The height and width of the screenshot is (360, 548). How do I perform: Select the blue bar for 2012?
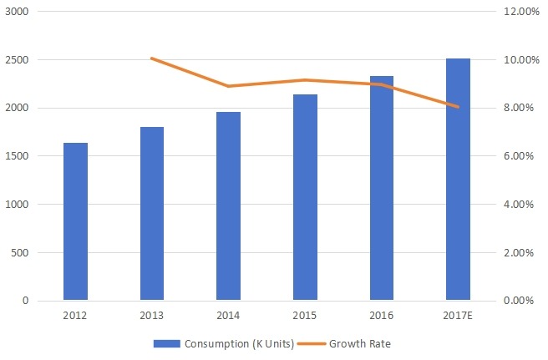pos(75,221)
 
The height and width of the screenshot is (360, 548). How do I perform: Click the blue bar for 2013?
pos(151,214)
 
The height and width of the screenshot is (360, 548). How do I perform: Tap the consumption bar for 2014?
pos(228,206)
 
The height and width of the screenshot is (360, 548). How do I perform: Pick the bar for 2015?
pos(305,198)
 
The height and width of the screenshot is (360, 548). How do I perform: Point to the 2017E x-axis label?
pos(458,317)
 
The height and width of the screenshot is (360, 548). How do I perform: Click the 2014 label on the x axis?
pos(228,317)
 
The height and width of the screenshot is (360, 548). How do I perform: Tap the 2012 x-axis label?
pos(75,317)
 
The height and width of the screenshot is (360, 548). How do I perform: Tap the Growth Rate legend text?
pos(359,343)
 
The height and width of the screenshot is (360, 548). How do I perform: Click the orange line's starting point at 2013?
pos(151,58)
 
